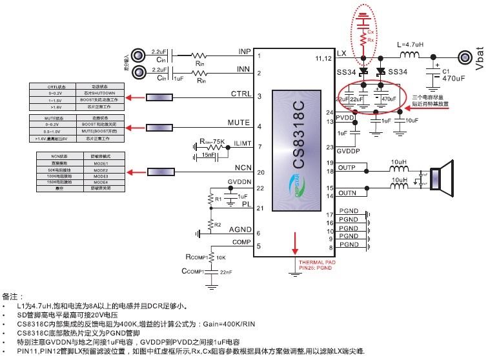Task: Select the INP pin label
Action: [x=245, y=51]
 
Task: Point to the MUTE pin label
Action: [x=239, y=123]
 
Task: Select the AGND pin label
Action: [x=240, y=230]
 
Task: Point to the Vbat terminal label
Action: [x=479, y=57]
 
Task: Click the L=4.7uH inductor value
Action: [x=411, y=45]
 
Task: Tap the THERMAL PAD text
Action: [x=318, y=263]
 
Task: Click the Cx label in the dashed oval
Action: [x=371, y=31]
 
